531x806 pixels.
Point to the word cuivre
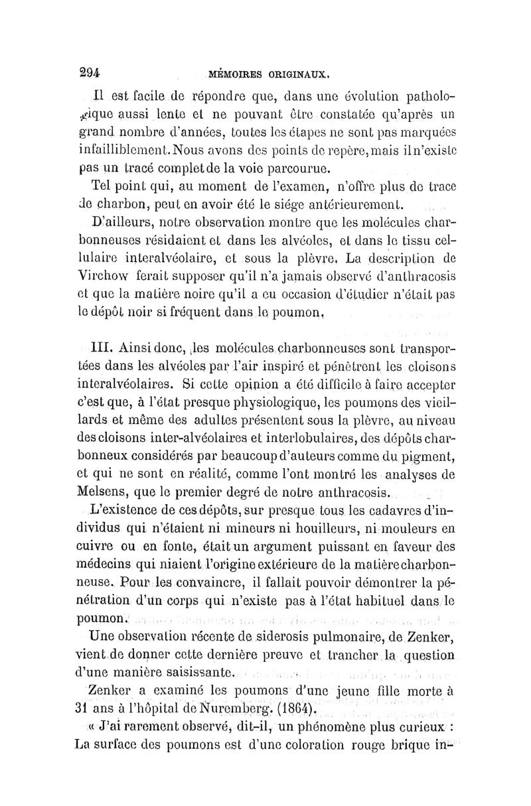click(x=98, y=547)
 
